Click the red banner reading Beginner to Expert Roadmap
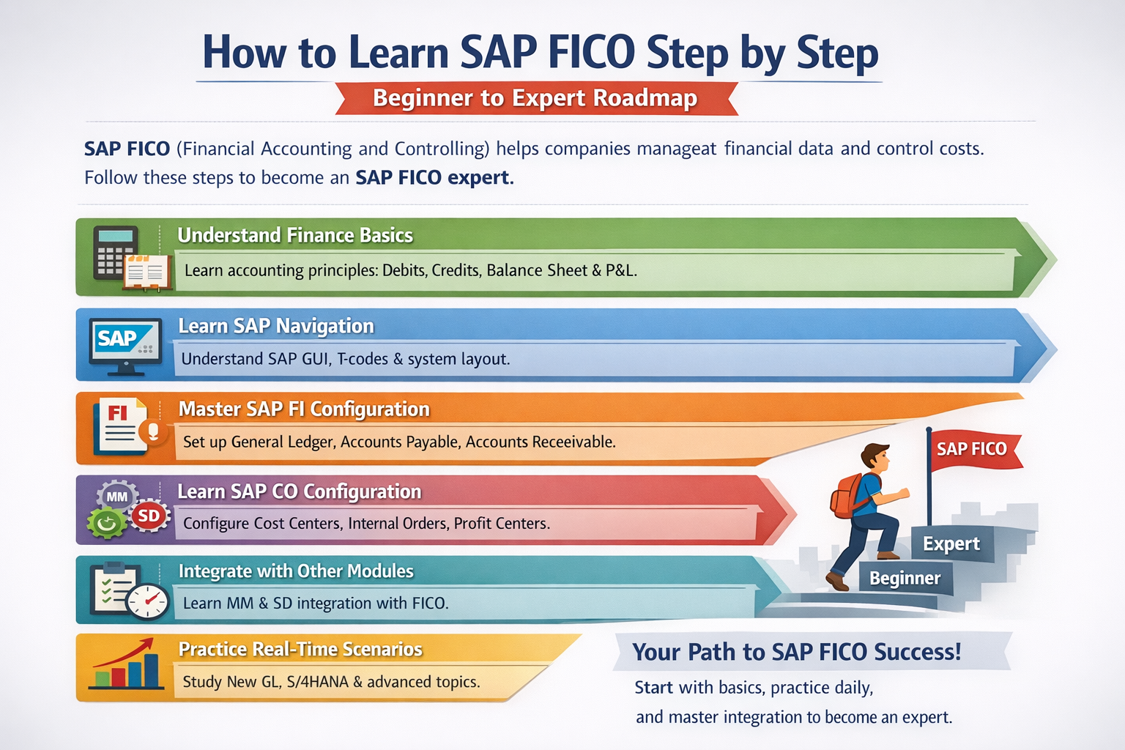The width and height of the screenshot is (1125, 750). [x=536, y=98]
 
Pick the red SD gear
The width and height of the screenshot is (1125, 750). [x=149, y=516]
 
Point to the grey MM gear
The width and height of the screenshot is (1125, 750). [x=117, y=497]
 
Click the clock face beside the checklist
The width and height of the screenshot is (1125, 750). [x=148, y=601]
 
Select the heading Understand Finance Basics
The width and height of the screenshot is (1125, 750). [x=295, y=235]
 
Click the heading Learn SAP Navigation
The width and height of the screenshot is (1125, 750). [x=276, y=326]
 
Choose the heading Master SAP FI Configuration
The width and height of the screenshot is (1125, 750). [x=305, y=409]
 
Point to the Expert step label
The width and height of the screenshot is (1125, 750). [x=951, y=543]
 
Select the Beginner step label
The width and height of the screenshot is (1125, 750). [x=905, y=578]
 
